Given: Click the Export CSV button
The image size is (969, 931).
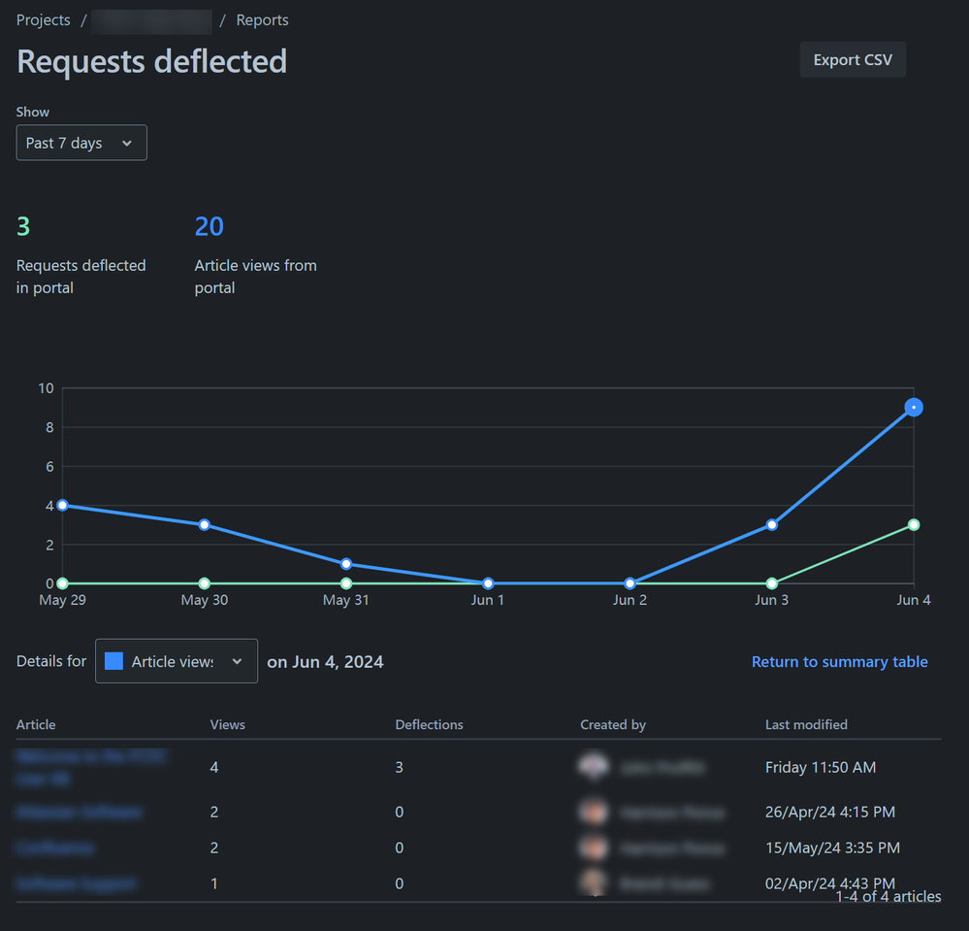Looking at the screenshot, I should (853, 60).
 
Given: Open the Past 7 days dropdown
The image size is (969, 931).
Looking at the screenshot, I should (81, 143).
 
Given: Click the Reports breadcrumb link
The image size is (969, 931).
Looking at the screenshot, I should (262, 20).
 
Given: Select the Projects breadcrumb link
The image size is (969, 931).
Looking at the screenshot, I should (43, 20).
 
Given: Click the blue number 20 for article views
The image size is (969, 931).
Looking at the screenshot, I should (209, 227).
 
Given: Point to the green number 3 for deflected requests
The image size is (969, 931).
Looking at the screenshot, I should (23, 227).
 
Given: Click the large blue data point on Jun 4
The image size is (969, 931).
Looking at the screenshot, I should (914, 408).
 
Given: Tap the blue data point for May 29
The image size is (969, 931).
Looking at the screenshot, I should (63, 505).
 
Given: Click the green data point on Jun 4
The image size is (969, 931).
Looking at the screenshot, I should (914, 525).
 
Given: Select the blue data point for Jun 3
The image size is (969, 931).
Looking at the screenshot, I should (772, 525).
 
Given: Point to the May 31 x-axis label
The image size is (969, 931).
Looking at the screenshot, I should (346, 600).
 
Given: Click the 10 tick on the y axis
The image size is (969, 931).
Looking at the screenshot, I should (46, 388).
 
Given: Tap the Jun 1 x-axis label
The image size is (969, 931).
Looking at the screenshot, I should (488, 600).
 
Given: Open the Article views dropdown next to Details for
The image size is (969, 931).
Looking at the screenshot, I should (177, 661).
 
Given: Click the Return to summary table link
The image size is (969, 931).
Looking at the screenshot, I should (839, 662).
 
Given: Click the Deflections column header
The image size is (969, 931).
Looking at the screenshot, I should (429, 725).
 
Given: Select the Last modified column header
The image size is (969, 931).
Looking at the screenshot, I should (806, 725).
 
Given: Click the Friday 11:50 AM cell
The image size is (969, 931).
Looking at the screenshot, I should (820, 768).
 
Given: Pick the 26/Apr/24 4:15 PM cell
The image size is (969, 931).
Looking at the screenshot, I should (829, 812).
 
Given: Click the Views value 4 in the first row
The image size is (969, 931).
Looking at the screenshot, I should (214, 768).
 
